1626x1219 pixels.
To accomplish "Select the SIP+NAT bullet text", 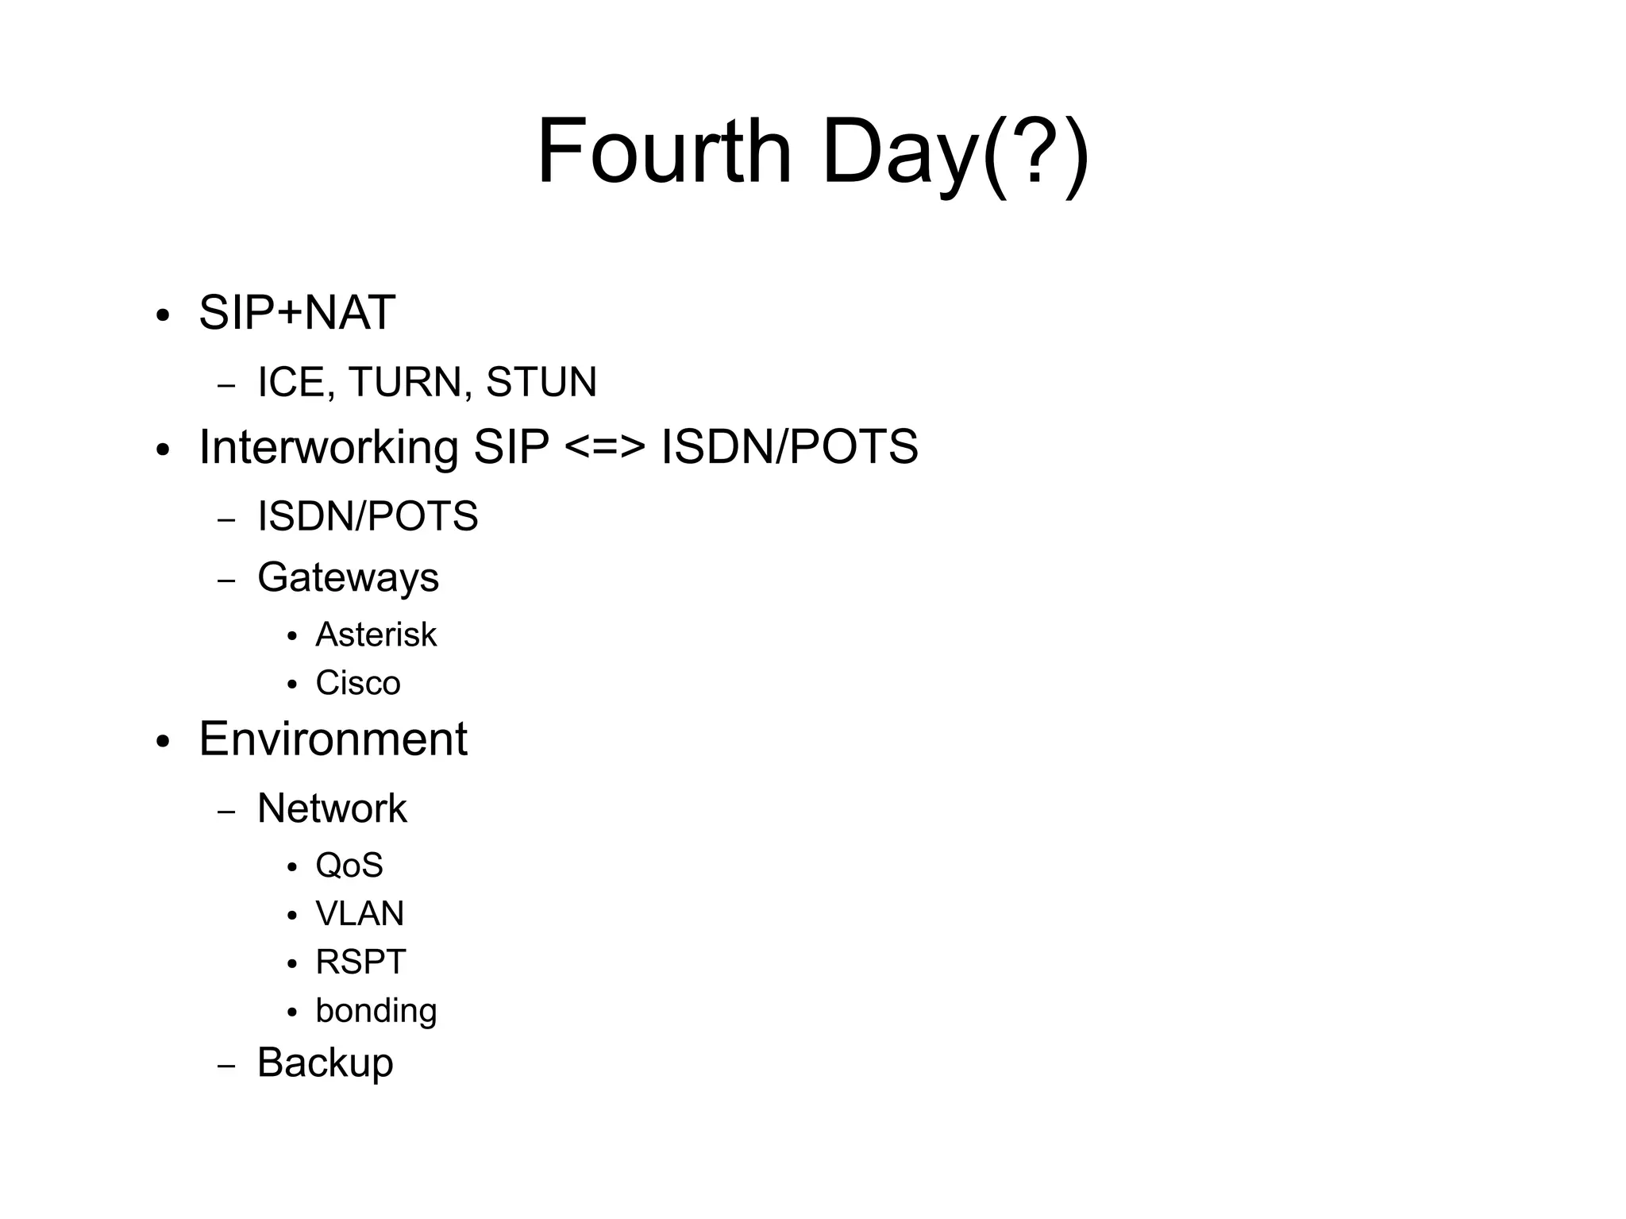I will (297, 312).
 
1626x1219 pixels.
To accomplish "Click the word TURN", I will (404, 382).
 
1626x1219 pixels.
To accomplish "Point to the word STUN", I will (541, 382).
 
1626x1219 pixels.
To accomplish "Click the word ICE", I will (291, 382).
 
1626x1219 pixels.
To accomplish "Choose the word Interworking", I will (328, 447).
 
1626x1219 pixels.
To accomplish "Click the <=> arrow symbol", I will (605, 448).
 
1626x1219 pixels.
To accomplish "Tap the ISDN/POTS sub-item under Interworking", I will (368, 516).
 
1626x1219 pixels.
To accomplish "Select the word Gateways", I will (348, 577).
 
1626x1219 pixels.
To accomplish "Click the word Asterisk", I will (376, 635).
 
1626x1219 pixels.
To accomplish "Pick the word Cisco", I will (358, 683).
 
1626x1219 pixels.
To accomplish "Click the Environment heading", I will (333, 739).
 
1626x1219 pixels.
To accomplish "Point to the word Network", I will (332, 808).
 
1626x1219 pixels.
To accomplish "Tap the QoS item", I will (349, 865).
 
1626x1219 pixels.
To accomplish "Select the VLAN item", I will (360, 913).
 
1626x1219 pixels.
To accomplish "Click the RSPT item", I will (360, 962).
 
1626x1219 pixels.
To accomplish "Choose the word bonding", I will (376, 1011).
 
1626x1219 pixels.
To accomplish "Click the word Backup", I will (325, 1063).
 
